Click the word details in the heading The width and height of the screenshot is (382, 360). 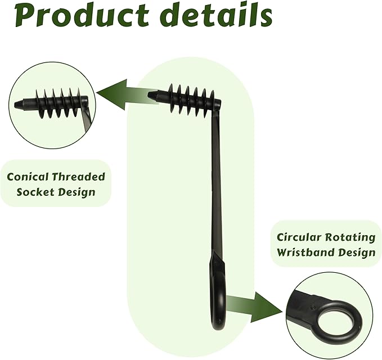(217, 15)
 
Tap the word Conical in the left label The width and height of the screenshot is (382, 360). (27, 177)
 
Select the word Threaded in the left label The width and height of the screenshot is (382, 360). (78, 177)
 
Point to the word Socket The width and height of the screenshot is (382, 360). (35, 192)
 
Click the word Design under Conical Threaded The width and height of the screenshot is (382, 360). (77, 192)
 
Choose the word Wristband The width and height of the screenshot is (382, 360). (305, 253)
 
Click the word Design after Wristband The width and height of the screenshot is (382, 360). (357, 253)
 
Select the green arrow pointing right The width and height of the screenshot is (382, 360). (254, 307)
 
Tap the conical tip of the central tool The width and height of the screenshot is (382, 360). (153, 95)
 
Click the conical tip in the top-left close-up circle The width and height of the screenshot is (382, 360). (19, 104)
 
